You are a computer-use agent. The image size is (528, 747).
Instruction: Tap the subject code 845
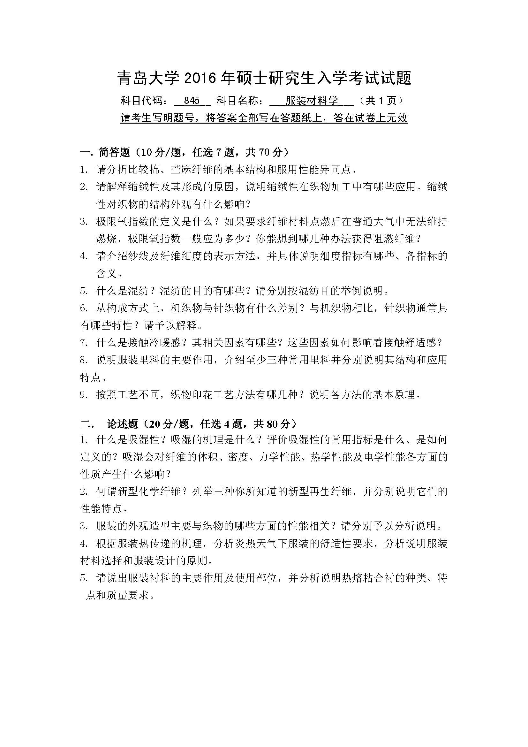point(192,101)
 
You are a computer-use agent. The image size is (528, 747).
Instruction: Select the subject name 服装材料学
point(312,101)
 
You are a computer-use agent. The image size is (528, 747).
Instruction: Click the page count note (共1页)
point(380,101)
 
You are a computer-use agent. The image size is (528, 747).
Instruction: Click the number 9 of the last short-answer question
point(83,395)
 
